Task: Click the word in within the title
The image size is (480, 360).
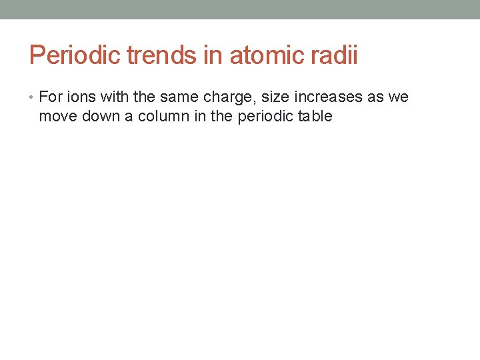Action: (213, 55)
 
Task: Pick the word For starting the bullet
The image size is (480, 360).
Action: (50, 97)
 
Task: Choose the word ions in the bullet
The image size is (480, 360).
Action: (81, 97)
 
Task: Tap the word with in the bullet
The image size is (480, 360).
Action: (115, 97)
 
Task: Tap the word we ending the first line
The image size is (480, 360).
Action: (397, 98)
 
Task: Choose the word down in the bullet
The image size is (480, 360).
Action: (101, 117)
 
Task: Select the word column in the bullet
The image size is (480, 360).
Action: (160, 117)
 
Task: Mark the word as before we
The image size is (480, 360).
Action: (373, 98)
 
